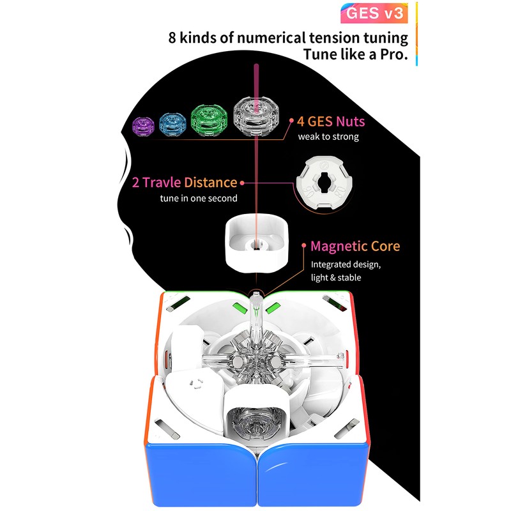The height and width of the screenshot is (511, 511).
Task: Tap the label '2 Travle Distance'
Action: pyautogui.click(x=183, y=183)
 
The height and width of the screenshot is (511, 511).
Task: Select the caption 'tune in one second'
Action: pyautogui.click(x=199, y=198)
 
